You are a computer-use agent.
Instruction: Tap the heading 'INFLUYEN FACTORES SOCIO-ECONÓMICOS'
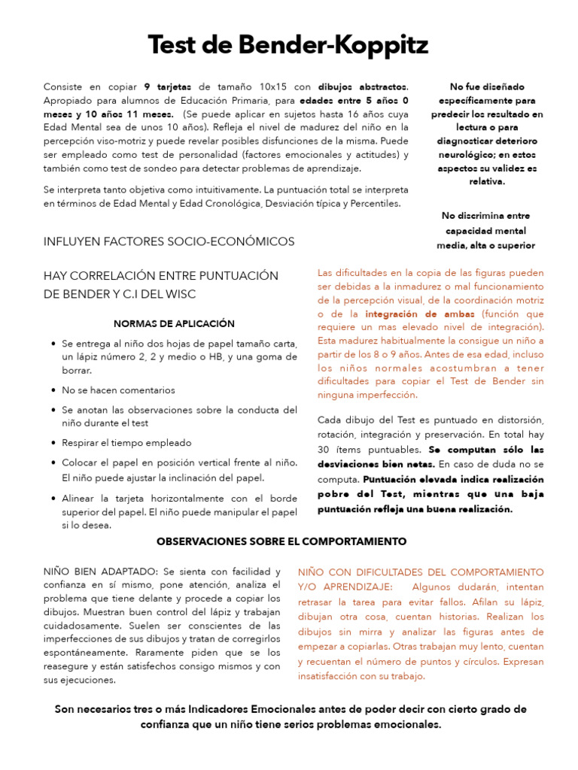[x=169, y=241]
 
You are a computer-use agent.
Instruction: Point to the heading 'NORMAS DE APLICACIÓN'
[x=174, y=323]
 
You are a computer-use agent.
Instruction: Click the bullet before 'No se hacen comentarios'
[x=53, y=391]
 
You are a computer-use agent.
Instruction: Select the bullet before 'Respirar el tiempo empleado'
[x=53, y=444]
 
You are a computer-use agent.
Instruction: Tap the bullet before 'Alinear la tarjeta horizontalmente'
[x=53, y=499]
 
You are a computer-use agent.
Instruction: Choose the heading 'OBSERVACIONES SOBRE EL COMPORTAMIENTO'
[x=281, y=541]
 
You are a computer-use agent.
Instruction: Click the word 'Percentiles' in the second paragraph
[x=375, y=204]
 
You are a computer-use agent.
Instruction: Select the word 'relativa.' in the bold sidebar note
[x=486, y=181]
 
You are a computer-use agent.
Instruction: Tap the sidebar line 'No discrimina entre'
[x=486, y=217]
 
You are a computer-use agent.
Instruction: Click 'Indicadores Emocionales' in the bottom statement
[x=251, y=709]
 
